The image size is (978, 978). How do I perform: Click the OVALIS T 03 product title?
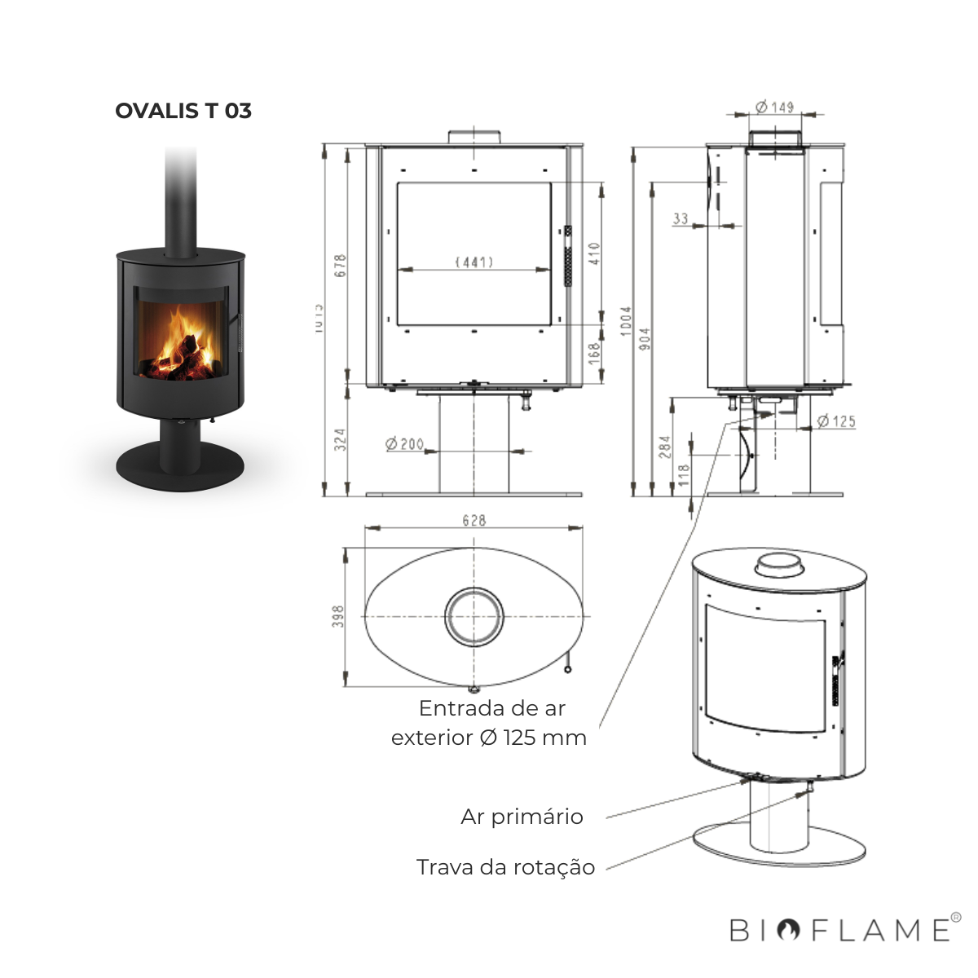pos(183,111)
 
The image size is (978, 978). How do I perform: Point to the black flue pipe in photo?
pos(181,200)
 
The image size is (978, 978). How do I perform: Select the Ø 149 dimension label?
pos(773,107)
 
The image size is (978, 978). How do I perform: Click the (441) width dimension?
pos(474,262)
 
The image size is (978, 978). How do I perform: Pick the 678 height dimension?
pos(341,266)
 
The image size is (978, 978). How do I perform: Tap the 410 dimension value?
pos(594,254)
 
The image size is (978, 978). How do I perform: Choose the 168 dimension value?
pos(594,352)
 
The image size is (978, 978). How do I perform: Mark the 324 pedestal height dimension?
pos(341,439)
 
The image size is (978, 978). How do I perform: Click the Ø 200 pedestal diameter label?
pos(405,444)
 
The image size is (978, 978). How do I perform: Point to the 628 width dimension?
pos(474,520)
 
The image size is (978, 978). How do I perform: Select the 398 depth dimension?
pos(339,616)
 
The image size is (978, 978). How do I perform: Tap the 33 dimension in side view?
pos(681,218)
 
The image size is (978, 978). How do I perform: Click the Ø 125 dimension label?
pos(836,421)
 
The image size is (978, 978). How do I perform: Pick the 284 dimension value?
pos(665,446)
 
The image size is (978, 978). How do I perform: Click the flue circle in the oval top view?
pos(474,616)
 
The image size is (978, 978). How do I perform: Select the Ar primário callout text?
pos(522,817)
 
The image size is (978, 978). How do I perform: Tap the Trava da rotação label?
pos(505,867)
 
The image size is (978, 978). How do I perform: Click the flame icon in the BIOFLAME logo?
pos(787,930)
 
